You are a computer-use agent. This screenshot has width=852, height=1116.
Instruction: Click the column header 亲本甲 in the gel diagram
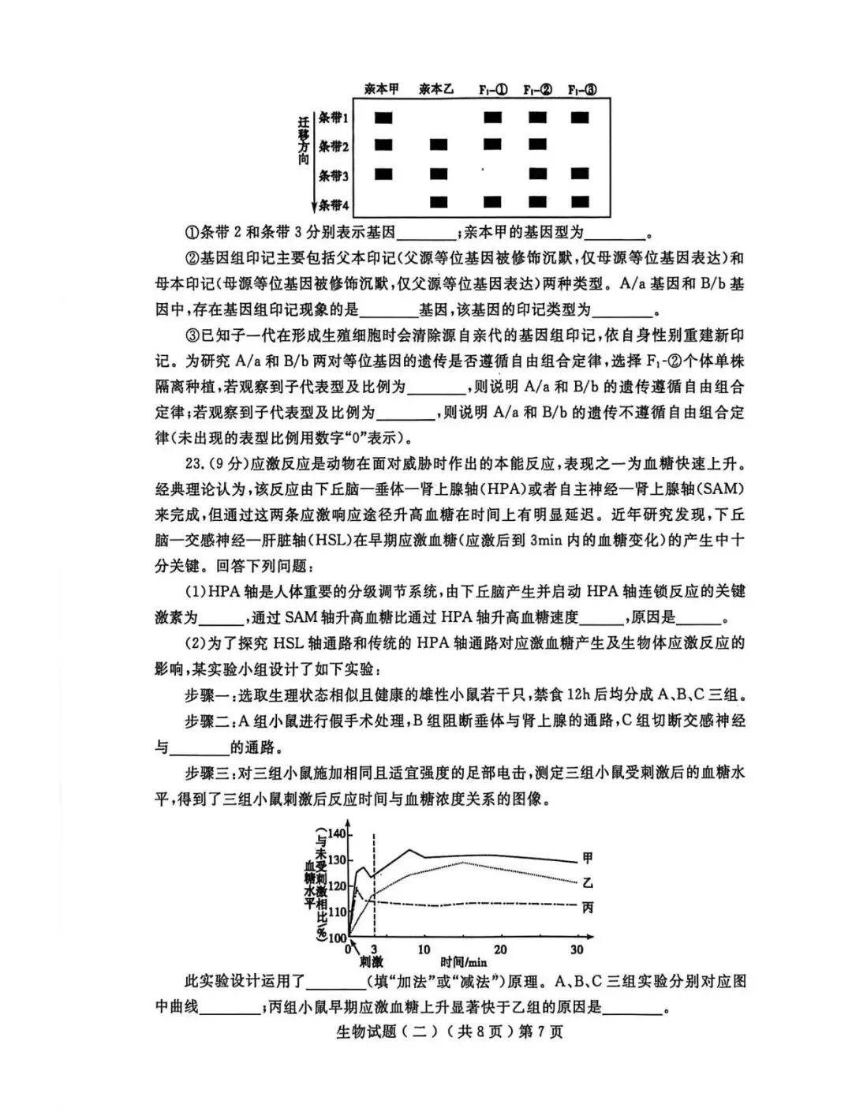[382, 89]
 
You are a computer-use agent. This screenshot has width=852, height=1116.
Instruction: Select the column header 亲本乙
[435, 89]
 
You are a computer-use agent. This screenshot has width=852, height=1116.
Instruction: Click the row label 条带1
[333, 118]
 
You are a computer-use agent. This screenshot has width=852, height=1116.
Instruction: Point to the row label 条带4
[333, 205]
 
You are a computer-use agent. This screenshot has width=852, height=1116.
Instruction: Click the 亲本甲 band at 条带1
[383, 118]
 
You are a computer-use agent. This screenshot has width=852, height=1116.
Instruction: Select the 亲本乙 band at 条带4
[439, 203]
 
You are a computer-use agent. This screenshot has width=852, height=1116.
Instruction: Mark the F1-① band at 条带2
[493, 145]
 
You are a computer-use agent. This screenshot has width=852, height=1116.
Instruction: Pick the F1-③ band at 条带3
[581, 174]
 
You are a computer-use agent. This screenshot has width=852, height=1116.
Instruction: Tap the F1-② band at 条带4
[538, 203]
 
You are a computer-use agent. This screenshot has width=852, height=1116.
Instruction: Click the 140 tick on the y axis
[337, 834]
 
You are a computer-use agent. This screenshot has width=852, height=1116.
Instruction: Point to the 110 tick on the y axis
[337, 912]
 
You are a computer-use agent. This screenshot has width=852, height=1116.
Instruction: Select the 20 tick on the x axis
[500, 949]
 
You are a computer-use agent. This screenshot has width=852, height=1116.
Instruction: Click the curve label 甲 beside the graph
[588, 858]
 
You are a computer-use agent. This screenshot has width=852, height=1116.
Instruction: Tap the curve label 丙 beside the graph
[588, 908]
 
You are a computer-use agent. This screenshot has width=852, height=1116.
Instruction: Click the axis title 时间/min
[464, 963]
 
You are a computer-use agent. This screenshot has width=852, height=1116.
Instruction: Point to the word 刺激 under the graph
[371, 963]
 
